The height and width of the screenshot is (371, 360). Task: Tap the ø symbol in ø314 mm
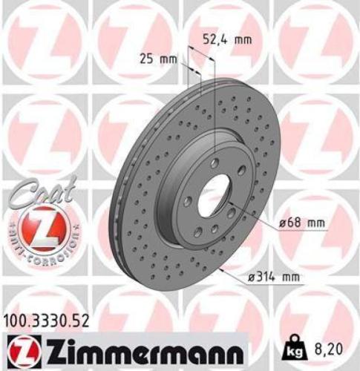coord(249,277)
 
